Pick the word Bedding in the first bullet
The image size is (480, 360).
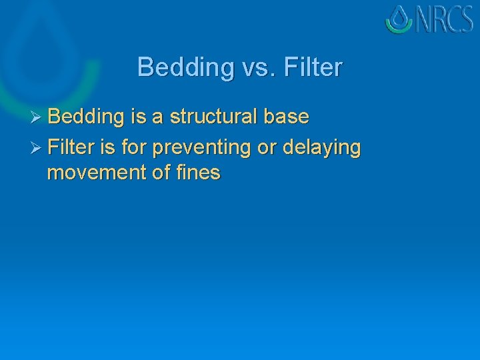[86, 117]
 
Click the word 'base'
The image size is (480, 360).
[288, 117]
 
